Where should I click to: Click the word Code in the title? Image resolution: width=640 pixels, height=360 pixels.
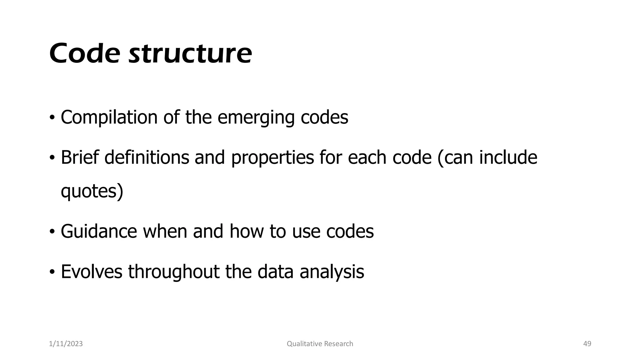pos(84,53)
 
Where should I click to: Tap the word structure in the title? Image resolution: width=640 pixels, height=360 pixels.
pos(190,53)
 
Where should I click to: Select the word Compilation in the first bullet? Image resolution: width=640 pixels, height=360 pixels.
pos(109,117)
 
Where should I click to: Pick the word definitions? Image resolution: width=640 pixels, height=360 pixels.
pos(147,157)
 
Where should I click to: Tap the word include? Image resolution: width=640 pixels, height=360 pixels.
pos(508,157)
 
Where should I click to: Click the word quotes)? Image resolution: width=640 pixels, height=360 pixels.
pos(92,191)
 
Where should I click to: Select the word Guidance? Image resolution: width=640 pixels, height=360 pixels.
pos(99,232)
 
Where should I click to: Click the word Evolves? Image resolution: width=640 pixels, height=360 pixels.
pos(91,272)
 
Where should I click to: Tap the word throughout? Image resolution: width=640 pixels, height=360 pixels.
pos(173,272)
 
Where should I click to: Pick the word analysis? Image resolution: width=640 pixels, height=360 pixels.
pos(332,272)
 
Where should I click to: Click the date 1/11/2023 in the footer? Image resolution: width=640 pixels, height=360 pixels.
pos(66,344)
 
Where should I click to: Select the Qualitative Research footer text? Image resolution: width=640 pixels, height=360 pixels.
pos(320,344)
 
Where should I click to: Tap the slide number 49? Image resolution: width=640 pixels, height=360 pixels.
pos(587,344)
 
